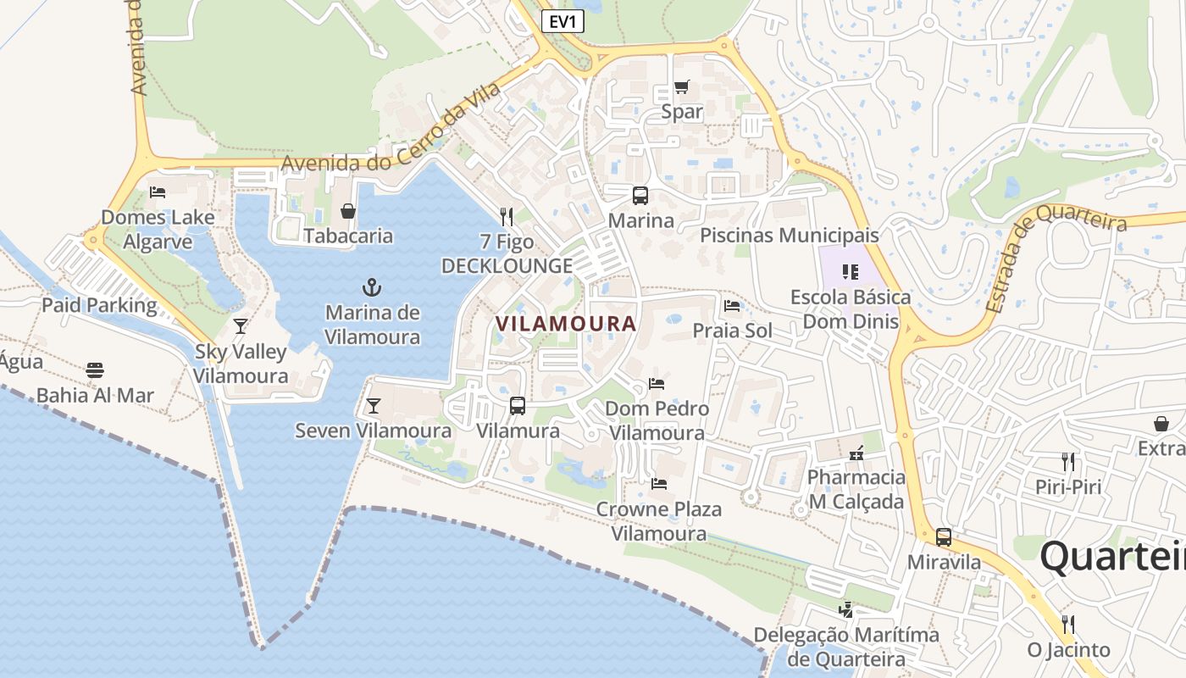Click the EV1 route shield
coord(563,22)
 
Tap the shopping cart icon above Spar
coord(681,86)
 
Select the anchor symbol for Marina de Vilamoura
coord(372,286)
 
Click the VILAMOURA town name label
coord(566,324)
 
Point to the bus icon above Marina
coord(640,196)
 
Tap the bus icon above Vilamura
coord(518,406)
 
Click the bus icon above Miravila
coord(944,536)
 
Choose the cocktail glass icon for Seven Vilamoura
coord(373,406)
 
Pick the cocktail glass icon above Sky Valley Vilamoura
coord(241,326)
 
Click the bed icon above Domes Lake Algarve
coord(158,192)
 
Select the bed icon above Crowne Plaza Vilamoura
coord(659,484)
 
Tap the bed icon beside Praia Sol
coord(732,306)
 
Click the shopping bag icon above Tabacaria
coord(348,211)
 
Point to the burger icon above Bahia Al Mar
coord(95,370)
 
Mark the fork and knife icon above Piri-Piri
coord(1068,462)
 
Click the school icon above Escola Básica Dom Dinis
coord(851,272)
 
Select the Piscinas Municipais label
coord(790,235)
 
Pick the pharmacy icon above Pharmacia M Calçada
coord(856,453)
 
